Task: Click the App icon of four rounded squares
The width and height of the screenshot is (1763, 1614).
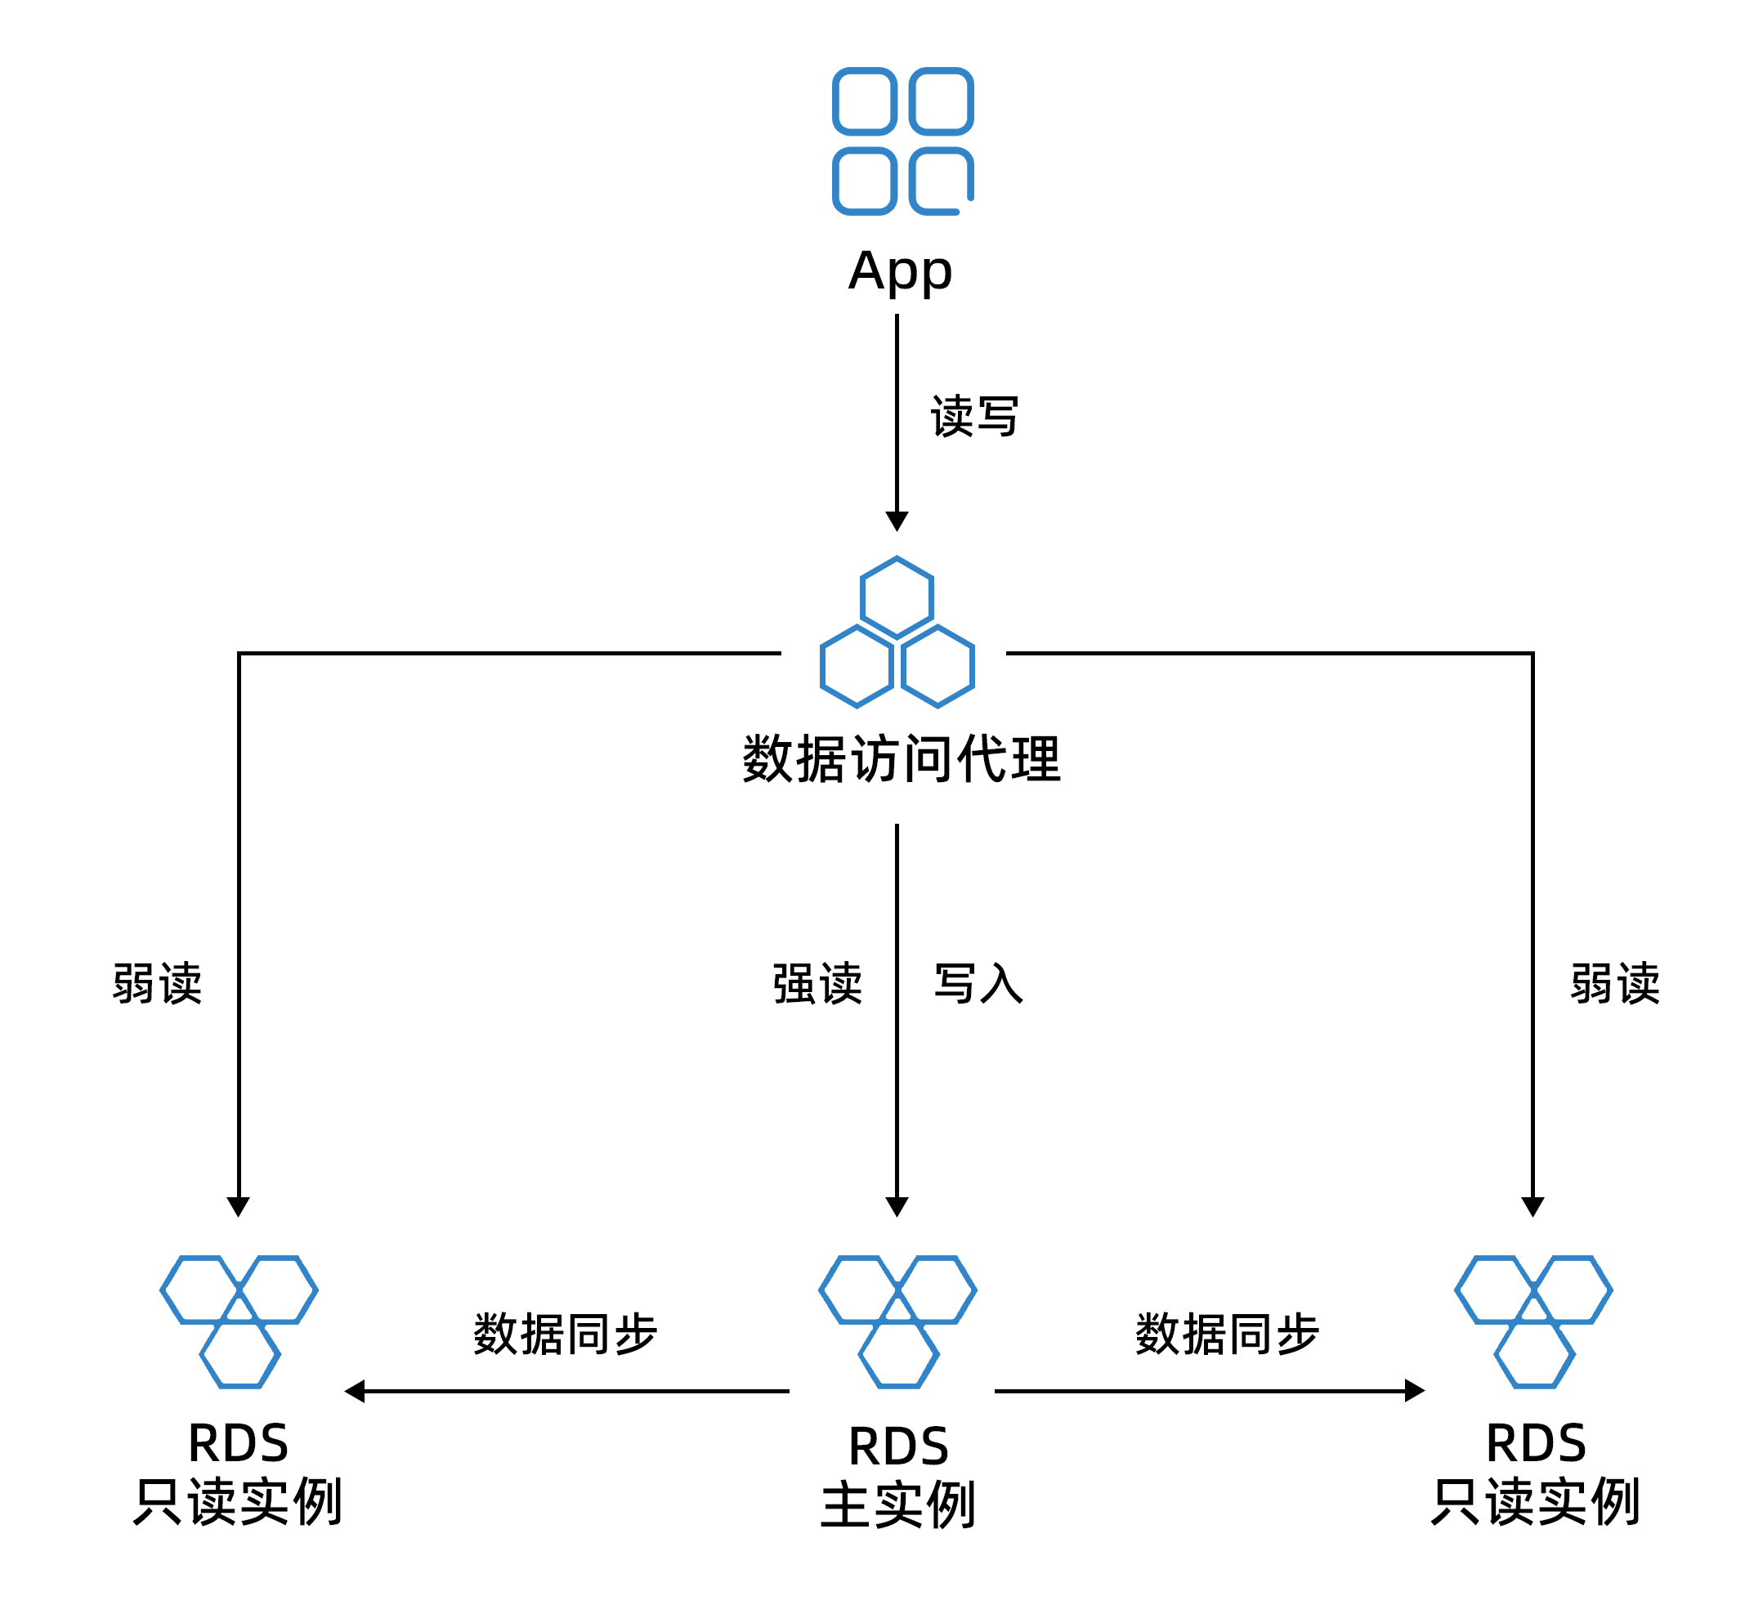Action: tap(902, 141)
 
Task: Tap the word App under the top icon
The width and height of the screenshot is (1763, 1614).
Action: tap(900, 271)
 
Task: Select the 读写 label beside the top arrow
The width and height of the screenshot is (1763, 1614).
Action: tap(973, 416)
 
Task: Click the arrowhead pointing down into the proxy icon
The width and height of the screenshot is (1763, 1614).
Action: tap(897, 521)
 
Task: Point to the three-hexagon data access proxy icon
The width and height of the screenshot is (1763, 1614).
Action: tap(897, 633)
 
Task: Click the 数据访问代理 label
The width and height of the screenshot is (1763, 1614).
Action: tap(901, 759)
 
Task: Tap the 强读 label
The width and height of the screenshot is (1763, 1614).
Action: tap(817, 985)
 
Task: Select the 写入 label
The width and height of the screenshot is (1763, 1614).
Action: tap(978, 985)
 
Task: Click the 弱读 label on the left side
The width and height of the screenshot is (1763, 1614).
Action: tap(158, 985)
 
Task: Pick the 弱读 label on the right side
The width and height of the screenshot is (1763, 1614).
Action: tap(1614, 985)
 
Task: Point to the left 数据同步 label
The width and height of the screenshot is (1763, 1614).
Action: tap(565, 1335)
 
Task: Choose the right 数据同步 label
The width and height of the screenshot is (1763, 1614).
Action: tap(1226, 1335)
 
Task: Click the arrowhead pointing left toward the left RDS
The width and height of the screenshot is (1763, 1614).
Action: tap(355, 1391)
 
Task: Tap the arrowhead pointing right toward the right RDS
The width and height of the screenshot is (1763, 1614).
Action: tap(1414, 1391)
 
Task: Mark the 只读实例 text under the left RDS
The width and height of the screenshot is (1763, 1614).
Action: tap(237, 1502)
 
